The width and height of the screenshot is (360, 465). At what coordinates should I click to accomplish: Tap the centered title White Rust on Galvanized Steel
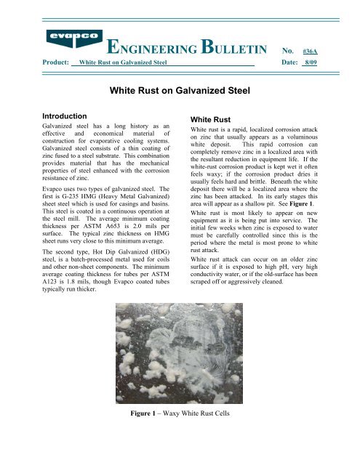[180, 92]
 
